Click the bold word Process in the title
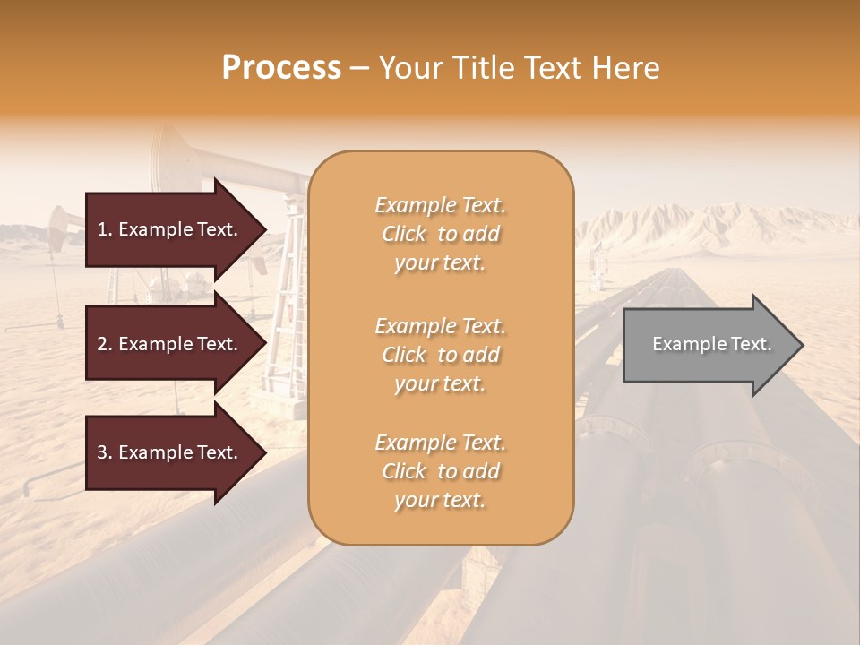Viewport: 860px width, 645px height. (281, 68)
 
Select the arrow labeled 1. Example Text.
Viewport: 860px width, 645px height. (170, 229)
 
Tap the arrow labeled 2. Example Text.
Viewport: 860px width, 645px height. (170, 344)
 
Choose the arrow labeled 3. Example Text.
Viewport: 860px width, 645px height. (170, 452)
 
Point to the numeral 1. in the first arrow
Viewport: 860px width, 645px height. (105, 229)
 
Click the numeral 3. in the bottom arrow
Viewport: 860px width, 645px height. (105, 452)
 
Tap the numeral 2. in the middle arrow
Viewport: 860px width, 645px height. (105, 344)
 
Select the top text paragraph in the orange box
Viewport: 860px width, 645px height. (440, 234)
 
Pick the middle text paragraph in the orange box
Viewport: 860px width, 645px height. (440, 355)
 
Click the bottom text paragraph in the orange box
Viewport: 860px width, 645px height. (440, 471)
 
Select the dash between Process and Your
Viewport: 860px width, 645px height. (360, 69)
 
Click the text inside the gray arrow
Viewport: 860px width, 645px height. (711, 344)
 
